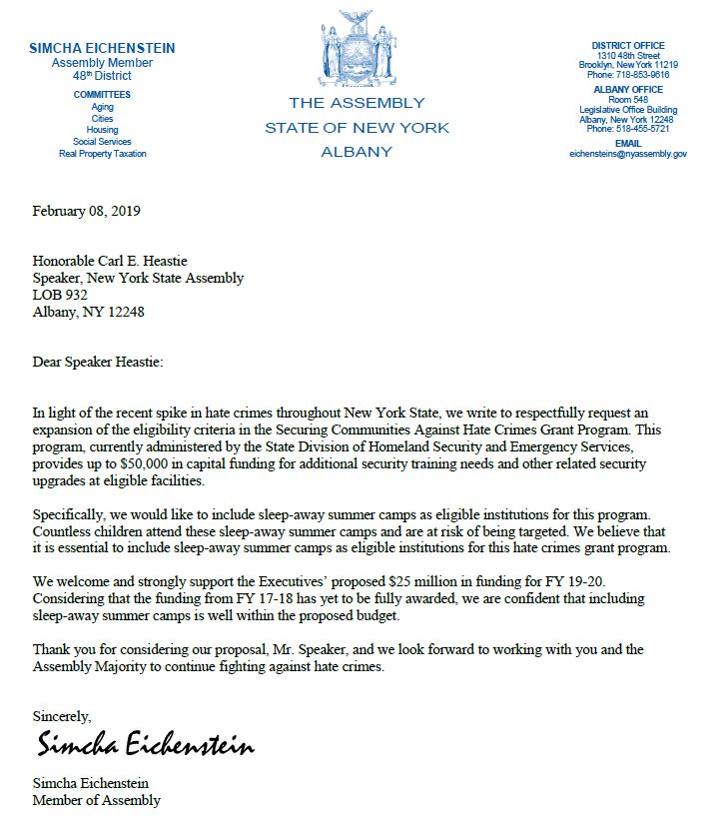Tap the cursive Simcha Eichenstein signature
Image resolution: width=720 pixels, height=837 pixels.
tap(146, 744)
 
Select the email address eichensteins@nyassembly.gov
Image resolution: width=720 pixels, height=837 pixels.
tap(627, 154)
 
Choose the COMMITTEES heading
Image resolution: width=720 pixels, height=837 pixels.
tap(102, 95)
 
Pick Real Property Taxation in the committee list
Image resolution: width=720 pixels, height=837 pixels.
tap(102, 154)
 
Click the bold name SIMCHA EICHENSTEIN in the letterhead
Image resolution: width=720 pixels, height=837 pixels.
tap(102, 48)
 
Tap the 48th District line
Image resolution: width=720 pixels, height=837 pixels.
tap(102, 76)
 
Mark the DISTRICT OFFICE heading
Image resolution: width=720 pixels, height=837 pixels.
tap(627, 46)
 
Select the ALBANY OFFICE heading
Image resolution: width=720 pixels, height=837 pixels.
tap(627, 90)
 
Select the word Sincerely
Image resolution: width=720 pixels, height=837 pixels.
tap(62, 716)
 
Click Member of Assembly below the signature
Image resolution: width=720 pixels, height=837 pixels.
tap(96, 800)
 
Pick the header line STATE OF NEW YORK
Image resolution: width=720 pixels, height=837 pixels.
tap(357, 128)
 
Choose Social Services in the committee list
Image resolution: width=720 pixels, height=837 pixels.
tap(102, 142)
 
